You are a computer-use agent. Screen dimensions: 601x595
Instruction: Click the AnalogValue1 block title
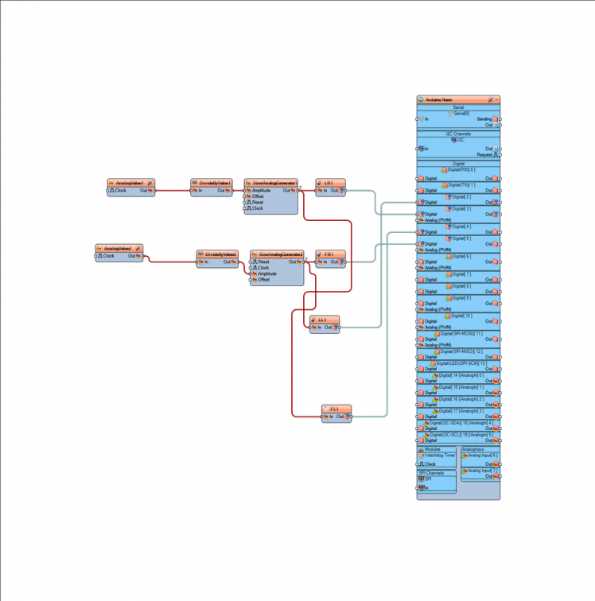(130, 183)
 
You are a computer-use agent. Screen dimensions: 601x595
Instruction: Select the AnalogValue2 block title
(118, 249)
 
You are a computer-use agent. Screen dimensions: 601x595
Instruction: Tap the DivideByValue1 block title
(214, 183)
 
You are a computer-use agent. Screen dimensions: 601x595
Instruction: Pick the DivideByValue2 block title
(220, 254)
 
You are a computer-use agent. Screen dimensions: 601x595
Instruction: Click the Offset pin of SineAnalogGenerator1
(258, 196)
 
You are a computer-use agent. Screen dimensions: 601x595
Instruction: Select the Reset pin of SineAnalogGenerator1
(257, 202)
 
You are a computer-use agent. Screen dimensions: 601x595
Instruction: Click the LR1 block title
(329, 183)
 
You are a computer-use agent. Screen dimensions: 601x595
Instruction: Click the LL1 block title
(323, 320)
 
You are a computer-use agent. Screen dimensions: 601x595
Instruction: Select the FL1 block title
(335, 409)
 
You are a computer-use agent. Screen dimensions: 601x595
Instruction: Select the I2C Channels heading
(458, 134)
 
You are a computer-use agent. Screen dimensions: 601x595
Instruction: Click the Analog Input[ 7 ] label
(483, 471)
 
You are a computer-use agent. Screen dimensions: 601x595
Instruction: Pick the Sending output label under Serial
(484, 119)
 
